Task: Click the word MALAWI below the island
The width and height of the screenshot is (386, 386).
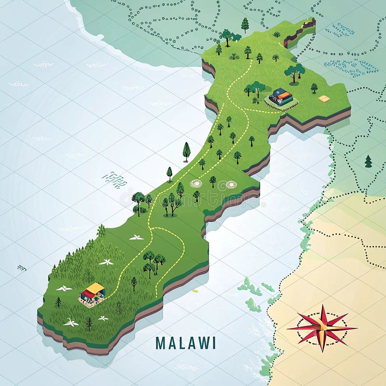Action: pyautogui.click(x=186, y=343)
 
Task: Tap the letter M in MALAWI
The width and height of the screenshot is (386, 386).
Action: pyautogui.click(x=160, y=343)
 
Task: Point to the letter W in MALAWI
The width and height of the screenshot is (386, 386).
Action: pyautogui.click(x=203, y=343)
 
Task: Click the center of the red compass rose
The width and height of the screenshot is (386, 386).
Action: pyautogui.click(x=322, y=328)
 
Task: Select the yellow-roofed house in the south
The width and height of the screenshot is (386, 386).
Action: pyautogui.click(x=92, y=293)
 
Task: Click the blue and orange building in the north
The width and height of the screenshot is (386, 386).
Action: pyautogui.click(x=281, y=96)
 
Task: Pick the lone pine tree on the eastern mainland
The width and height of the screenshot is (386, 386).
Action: pyautogui.click(x=368, y=161)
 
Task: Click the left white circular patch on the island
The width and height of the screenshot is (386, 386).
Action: pyautogui.click(x=196, y=184)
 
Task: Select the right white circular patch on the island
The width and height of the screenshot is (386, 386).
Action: pyautogui.click(x=231, y=184)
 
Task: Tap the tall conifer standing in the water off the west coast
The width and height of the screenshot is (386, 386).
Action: pyautogui.click(x=186, y=151)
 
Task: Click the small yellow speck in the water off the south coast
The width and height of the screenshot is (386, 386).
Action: pyautogui.click(x=195, y=291)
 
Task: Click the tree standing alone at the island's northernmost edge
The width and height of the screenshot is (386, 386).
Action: pyautogui.click(x=245, y=24)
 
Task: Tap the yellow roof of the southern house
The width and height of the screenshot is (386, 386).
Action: pyautogui.click(x=95, y=289)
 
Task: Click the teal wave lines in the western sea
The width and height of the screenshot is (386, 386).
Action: pyautogui.click(x=114, y=179)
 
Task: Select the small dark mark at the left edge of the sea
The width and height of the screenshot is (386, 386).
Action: pyautogui.click(x=21, y=267)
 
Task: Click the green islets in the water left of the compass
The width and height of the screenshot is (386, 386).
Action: pyautogui.click(x=250, y=292)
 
